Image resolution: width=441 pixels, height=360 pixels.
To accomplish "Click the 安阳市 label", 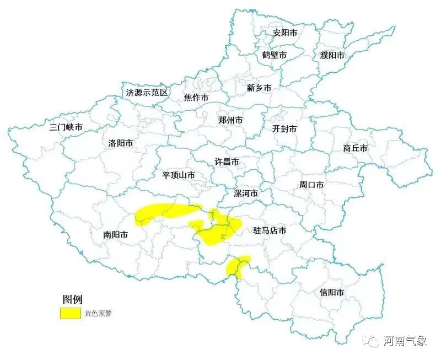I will [285, 33].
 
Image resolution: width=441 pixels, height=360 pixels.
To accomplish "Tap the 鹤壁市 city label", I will [274, 55].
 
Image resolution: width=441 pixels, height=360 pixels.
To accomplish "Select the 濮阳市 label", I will [332, 55].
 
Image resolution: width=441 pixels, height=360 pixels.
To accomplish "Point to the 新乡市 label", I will [259, 88].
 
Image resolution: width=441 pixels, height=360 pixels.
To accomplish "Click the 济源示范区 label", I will [147, 93].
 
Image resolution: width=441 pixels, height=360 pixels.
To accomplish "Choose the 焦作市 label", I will [196, 98].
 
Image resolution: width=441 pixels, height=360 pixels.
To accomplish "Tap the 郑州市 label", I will [230, 120].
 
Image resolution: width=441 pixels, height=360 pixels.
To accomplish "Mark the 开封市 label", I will [284, 128].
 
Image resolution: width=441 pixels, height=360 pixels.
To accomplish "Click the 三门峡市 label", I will [66, 127].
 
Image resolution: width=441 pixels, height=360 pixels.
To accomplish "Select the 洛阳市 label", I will [120, 143].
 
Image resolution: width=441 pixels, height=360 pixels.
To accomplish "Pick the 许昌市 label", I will [227, 162].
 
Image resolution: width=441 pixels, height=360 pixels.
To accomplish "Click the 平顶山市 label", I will [179, 175].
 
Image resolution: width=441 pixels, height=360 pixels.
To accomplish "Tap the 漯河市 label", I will [245, 194].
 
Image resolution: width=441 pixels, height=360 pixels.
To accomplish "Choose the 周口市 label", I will [311, 185].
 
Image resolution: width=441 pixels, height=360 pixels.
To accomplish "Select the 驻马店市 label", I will [270, 230].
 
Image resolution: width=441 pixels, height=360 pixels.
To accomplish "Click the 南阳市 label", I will [115, 234].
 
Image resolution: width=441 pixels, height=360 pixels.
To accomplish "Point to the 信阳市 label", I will [332, 292].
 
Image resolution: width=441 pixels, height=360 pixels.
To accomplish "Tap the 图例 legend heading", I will [72, 299].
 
